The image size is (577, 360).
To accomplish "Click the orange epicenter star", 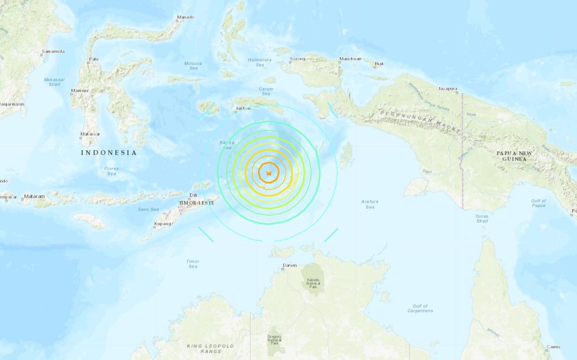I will click(269, 173).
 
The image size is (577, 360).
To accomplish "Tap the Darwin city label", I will click(290, 265).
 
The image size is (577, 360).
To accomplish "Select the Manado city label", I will click(185, 17).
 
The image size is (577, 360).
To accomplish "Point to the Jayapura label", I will click(448, 88).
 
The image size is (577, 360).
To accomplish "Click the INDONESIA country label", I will click(109, 153).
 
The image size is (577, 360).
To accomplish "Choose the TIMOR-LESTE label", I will click(196, 203).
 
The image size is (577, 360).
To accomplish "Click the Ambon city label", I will click(244, 109).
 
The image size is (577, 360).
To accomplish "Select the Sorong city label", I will click(298, 60).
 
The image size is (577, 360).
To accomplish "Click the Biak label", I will click(379, 63).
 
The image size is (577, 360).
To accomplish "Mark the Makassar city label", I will click(90, 134).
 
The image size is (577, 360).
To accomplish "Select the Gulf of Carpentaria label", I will click(423, 308).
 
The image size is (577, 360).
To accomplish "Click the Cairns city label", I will click(553, 347).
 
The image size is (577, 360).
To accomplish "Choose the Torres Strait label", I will click(482, 219).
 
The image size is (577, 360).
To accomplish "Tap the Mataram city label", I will click(35, 196).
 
